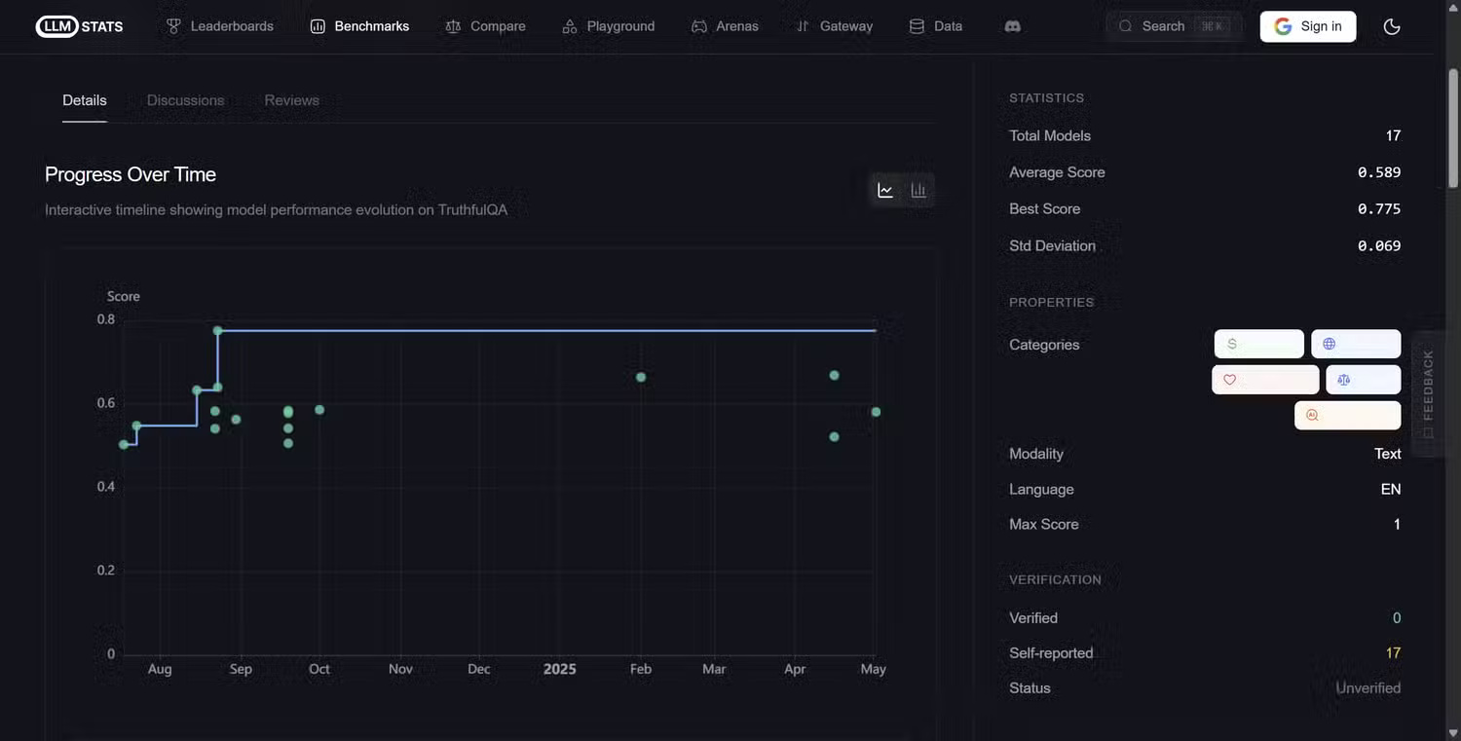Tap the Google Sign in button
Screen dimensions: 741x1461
click(1307, 26)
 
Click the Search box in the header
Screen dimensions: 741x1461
click(1173, 26)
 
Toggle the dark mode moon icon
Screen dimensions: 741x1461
click(1392, 26)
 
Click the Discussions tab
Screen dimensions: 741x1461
click(185, 100)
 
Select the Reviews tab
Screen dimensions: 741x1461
click(291, 100)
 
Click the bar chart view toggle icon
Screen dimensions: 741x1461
click(918, 191)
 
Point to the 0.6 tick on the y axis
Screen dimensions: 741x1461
click(105, 403)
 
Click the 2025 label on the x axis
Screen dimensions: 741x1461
click(559, 669)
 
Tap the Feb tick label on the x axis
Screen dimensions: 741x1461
click(640, 669)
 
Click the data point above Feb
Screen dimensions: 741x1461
click(641, 377)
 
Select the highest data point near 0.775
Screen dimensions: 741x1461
click(218, 331)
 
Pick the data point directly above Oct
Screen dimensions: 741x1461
click(319, 410)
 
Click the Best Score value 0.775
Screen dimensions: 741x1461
click(1378, 209)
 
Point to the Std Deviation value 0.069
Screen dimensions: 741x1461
click(1378, 246)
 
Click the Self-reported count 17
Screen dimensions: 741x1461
click(1393, 653)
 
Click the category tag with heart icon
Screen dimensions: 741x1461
click(1264, 380)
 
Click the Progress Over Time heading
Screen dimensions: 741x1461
click(131, 175)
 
